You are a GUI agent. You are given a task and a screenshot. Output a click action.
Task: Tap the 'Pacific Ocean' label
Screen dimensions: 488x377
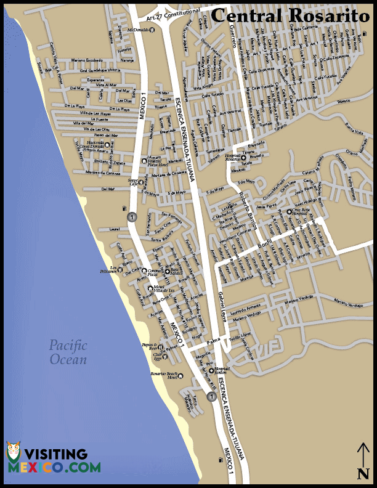pos(68,352)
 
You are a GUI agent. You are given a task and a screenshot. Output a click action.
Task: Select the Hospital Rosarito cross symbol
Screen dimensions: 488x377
pos(243,158)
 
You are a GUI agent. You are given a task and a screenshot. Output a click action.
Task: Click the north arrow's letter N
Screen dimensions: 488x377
pos(363,473)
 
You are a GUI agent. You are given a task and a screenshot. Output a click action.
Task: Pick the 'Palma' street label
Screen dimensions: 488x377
pos(213,341)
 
